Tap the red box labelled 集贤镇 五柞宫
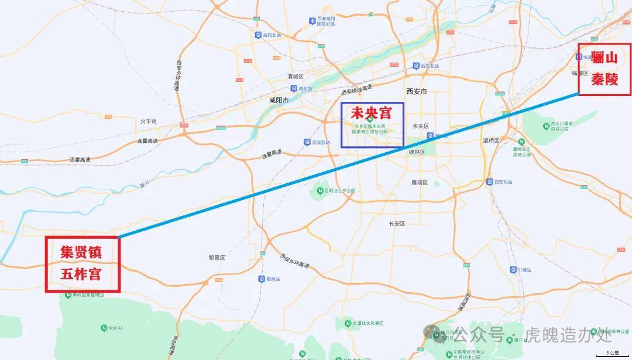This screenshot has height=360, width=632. point(83,264)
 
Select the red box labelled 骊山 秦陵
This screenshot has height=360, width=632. point(604,69)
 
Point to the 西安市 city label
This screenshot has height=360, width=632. point(416,91)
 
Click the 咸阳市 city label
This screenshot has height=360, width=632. point(279,100)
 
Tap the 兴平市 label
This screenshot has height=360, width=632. point(148,122)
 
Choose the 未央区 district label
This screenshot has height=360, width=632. point(421,126)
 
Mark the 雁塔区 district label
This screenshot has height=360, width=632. point(420,183)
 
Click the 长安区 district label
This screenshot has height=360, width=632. point(397,224)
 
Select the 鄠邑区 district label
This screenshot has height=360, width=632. point(217,258)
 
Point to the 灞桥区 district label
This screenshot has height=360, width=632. point(490,140)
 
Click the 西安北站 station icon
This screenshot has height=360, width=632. point(416,66)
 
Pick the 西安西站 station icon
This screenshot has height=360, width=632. point(307,142)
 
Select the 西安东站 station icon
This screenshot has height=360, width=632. point(489,182)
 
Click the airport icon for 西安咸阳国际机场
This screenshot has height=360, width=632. point(312,21)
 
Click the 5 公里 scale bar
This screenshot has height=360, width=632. point(612,355)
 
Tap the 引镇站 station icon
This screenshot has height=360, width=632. point(513,270)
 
